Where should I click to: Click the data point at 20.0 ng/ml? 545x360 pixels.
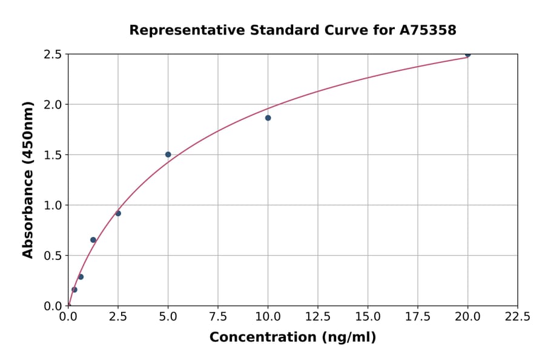coord(467,55)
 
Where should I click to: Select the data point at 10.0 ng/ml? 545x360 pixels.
coord(268,118)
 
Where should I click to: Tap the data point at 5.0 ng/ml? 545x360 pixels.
coord(168,155)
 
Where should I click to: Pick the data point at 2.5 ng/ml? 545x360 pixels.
coord(118,213)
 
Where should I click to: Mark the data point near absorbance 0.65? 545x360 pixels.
coord(93,240)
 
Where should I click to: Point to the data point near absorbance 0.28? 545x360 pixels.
coord(81,277)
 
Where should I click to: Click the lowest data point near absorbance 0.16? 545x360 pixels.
coord(74,290)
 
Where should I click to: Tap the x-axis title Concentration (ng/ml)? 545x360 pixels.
coord(292,338)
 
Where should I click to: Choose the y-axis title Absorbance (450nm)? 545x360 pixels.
coord(28,179)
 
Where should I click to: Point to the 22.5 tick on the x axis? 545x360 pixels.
coord(517,316)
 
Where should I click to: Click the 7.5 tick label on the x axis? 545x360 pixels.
coord(218,316)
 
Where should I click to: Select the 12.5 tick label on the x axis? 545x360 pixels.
coord(318,316)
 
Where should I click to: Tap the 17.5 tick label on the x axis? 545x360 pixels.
coord(417,316)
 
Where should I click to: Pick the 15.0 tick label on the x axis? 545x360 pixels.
coord(368,316)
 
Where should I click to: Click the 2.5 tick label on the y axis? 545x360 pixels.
coord(53,55)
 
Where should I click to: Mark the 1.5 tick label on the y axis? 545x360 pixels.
coord(53,155)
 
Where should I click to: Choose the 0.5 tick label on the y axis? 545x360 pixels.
coord(53,256)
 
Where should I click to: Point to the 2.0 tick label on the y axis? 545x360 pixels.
coord(53,105)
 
